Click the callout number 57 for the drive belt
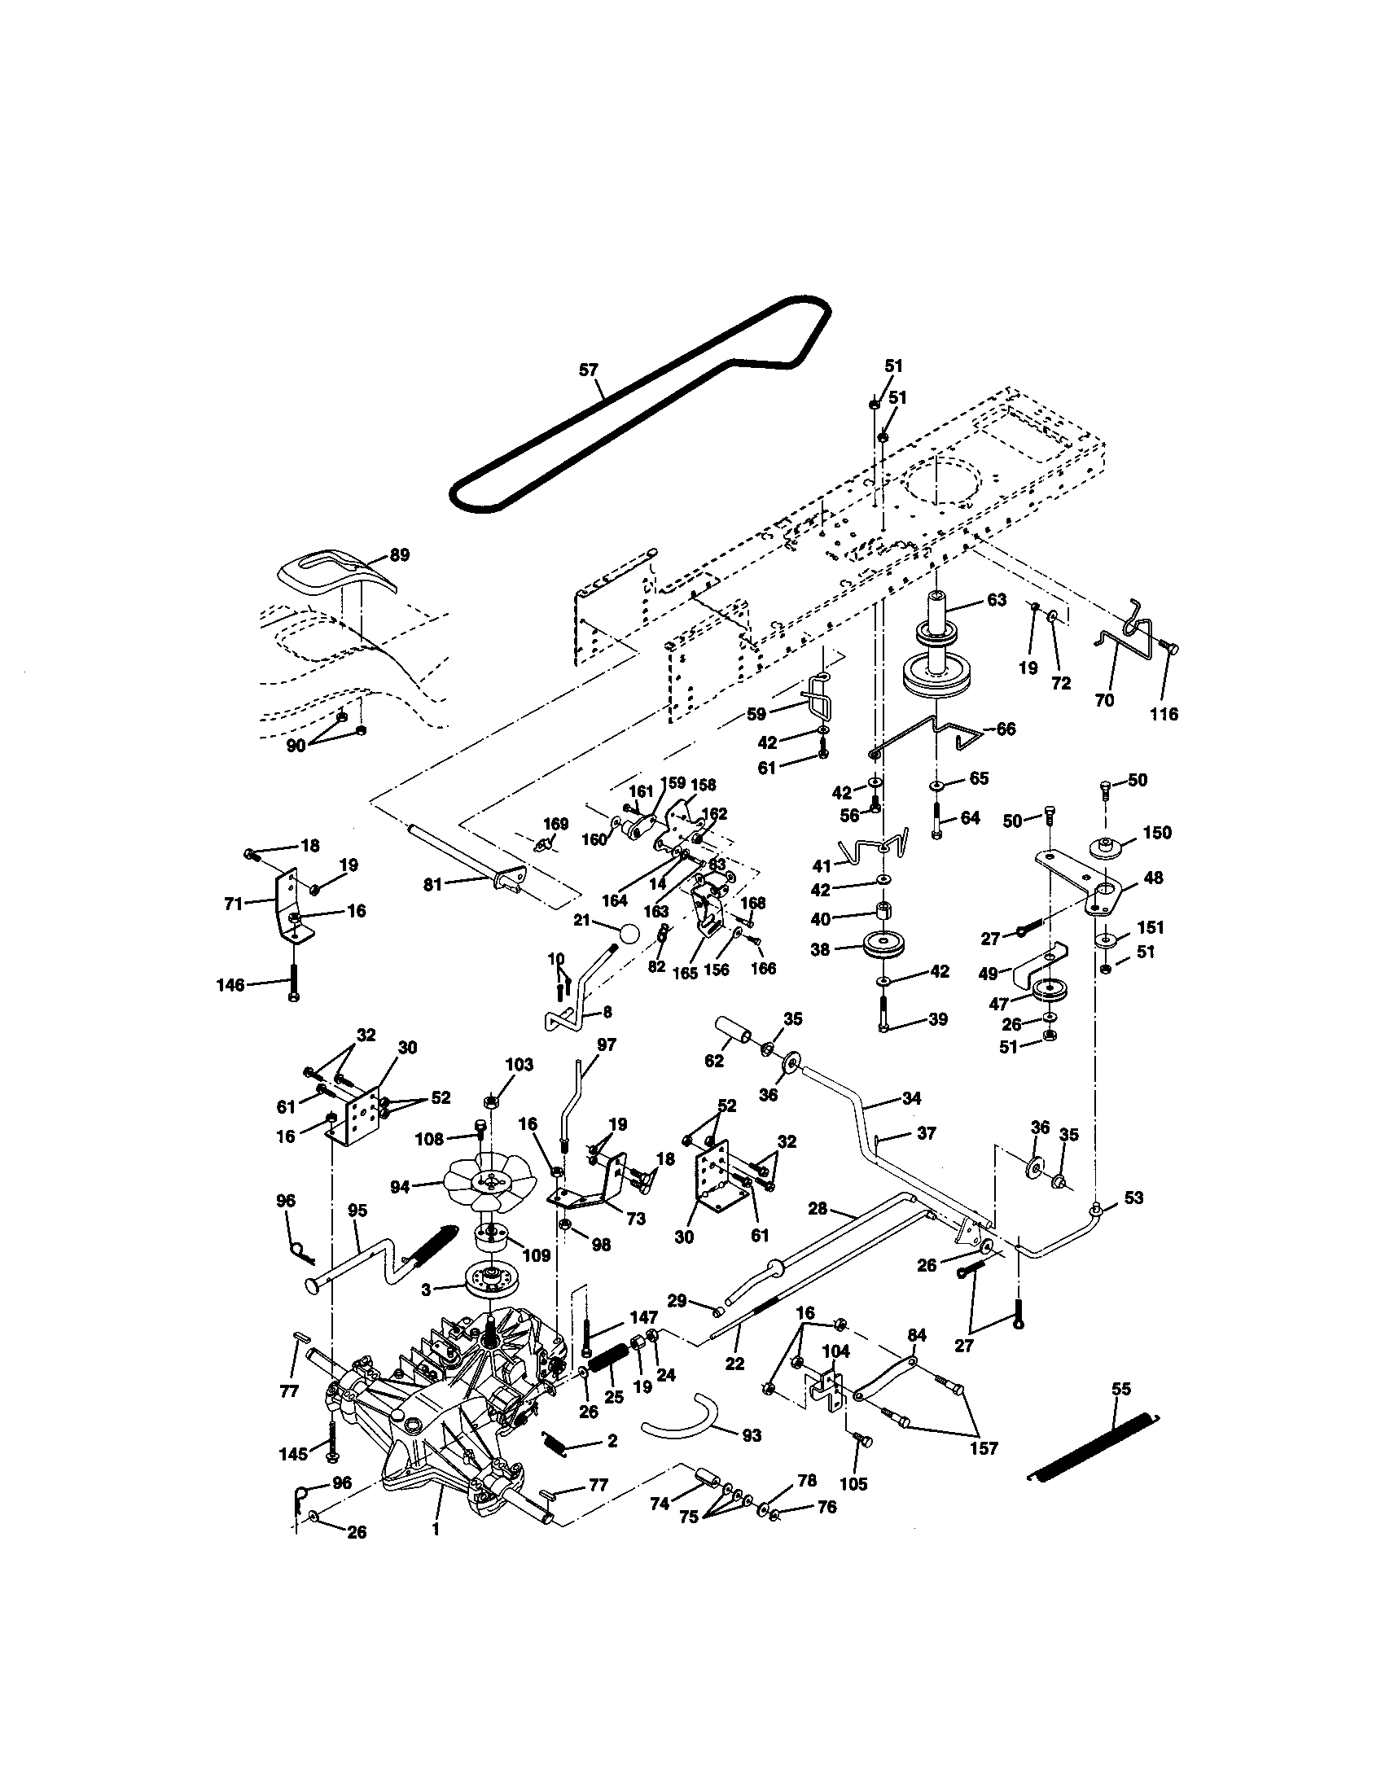pyautogui.click(x=588, y=370)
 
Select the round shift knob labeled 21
pyautogui.click(x=629, y=934)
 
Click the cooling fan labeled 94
pyautogui.click(x=489, y=1181)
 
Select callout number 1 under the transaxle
pyautogui.click(x=436, y=1530)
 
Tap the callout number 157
pyautogui.click(x=984, y=1448)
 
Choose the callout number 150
pyautogui.click(x=1157, y=832)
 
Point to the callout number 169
pyautogui.click(x=555, y=822)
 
